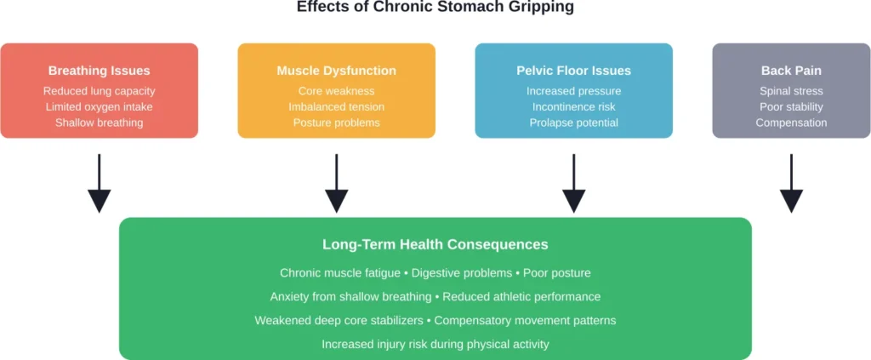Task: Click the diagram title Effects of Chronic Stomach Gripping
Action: click(x=435, y=8)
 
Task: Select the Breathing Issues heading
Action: click(x=99, y=71)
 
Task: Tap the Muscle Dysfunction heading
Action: click(x=336, y=71)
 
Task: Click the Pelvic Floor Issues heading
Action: click(x=573, y=71)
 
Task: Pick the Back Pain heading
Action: click(x=791, y=71)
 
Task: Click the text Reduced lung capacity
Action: click(x=99, y=91)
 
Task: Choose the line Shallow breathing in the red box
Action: click(x=99, y=123)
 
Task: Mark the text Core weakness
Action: click(x=336, y=91)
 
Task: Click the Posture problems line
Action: click(x=336, y=123)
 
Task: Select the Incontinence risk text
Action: click(x=573, y=107)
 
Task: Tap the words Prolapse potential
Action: click(x=573, y=123)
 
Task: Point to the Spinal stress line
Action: click(x=791, y=91)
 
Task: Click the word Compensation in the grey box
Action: click(x=791, y=123)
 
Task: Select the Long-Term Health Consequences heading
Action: click(x=435, y=244)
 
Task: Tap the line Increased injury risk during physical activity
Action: click(x=435, y=345)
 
